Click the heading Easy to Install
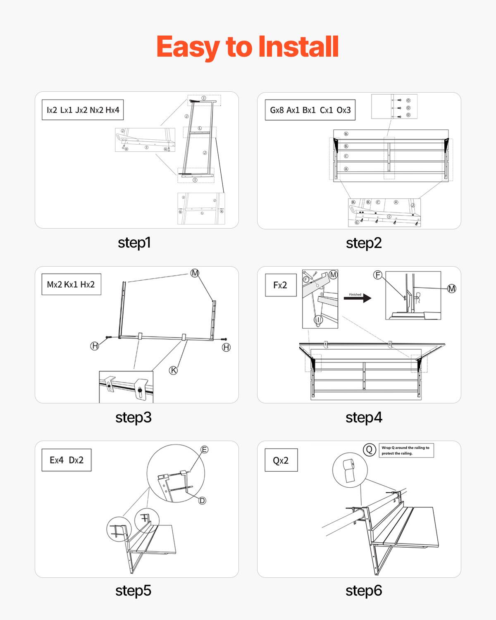(248, 47)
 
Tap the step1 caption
(134, 242)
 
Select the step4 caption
(364, 417)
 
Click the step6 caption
(364, 590)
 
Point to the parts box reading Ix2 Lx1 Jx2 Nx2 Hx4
(83, 110)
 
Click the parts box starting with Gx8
(310, 110)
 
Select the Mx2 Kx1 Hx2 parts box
(71, 284)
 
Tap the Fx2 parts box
(280, 285)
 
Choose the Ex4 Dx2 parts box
(67, 460)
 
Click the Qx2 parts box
(281, 460)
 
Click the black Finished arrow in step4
(358, 298)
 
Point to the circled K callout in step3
(174, 370)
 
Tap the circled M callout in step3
(195, 273)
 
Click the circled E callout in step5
(204, 449)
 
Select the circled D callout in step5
(202, 501)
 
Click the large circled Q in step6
(369, 450)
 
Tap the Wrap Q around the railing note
(406, 450)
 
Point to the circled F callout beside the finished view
(377, 275)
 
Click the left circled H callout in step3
(95, 346)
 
